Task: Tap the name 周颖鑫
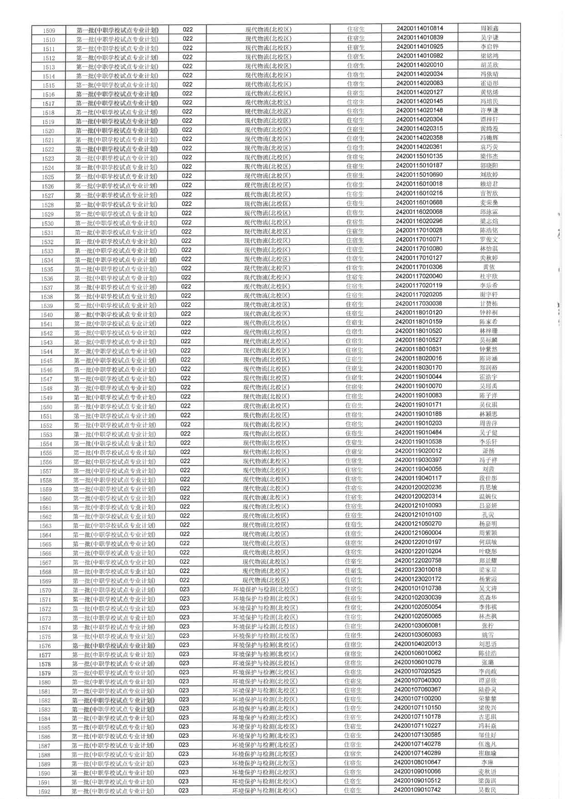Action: click(489, 28)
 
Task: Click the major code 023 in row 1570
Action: click(184, 589)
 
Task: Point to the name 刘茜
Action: click(488, 469)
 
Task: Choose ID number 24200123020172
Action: click(418, 579)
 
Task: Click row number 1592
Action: click(44, 792)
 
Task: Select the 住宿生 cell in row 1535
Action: click(355, 268)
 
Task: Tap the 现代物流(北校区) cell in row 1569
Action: click(266, 580)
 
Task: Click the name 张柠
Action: click(488, 625)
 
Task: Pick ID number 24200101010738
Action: click(418, 588)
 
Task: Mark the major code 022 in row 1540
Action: click(186, 314)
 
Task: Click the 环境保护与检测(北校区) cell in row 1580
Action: click(265, 681)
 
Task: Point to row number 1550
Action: click(46, 407)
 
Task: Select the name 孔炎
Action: click(488, 515)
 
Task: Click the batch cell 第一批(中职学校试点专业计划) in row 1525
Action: click(116, 176)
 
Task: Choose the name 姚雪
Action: click(488, 635)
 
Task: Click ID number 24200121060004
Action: click(418, 533)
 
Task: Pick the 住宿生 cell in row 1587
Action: click(353, 744)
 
